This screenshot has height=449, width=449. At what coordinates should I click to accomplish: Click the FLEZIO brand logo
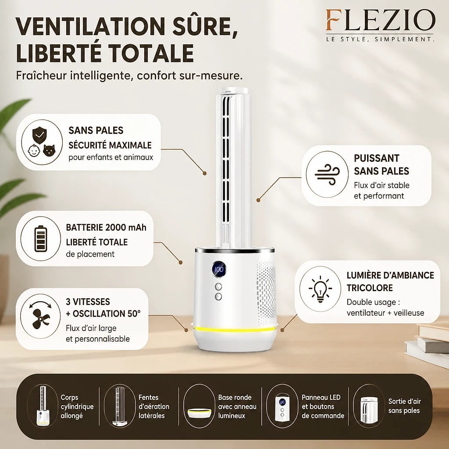(x=380, y=20)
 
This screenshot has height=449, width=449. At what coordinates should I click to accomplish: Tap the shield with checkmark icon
(x=39, y=135)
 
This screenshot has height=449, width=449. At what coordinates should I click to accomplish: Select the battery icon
(x=40, y=239)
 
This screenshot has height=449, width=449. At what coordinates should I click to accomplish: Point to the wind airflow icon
(x=327, y=175)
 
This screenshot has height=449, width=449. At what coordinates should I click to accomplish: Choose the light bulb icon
(x=320, y=289)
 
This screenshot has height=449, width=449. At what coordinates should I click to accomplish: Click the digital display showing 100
(x=219, y=269)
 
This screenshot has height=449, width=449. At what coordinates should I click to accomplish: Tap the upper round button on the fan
(x=218, y=287)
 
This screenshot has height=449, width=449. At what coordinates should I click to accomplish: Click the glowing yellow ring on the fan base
(x=235, y=330)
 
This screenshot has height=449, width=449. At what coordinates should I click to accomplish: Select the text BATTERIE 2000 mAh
(x=106, y=228)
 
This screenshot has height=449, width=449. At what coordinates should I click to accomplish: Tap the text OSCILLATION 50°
(x=107, y=314)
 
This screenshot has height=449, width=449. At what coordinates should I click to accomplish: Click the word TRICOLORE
(x=370, y=288)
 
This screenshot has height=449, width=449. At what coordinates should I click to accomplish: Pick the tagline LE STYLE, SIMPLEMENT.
(x=380, y=39)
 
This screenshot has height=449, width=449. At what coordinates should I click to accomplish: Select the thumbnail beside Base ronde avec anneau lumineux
(x=200, y=406)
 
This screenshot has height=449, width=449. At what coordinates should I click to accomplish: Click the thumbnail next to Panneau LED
(x=282, y=406)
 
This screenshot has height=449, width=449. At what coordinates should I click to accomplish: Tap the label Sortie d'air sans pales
(x=404, y=406)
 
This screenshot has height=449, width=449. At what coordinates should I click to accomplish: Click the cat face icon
(x=49, y=150)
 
